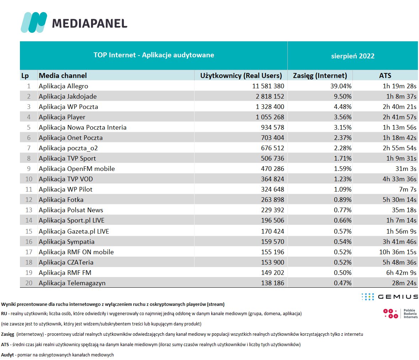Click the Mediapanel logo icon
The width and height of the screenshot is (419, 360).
(x=34, y=22)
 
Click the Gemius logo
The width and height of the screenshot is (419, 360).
(x=389, y=297)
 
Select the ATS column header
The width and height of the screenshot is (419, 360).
(x=385, y=75)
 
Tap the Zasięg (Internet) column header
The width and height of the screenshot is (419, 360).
(x=320, y=75)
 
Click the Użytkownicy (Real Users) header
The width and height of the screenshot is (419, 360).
(x=241, y=75)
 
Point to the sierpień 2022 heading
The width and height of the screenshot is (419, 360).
(x=352, y=56)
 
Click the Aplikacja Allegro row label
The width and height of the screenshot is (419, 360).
(x=63, y=86)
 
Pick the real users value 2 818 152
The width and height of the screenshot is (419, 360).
(x=270, y=96)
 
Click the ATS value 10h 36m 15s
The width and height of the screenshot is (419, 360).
(x=398, y=252)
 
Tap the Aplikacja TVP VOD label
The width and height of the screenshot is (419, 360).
(x=65, y=179)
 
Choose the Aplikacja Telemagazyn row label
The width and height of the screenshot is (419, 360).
(x=72, y=283)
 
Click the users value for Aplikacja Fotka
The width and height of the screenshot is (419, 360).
(x=272, y=199)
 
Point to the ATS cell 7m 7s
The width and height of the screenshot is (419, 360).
(x=408, y=189)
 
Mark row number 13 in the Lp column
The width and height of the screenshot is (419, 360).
(x=29, y=210)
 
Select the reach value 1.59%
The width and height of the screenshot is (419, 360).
(x=343, y=168)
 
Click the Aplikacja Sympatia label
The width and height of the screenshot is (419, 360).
(x=67, y=241)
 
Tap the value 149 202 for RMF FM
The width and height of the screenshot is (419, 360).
(x=272, y=272)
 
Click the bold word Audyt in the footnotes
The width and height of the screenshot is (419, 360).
(x=7, y=355)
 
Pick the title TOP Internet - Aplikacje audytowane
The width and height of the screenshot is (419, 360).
(x=154, y=55)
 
